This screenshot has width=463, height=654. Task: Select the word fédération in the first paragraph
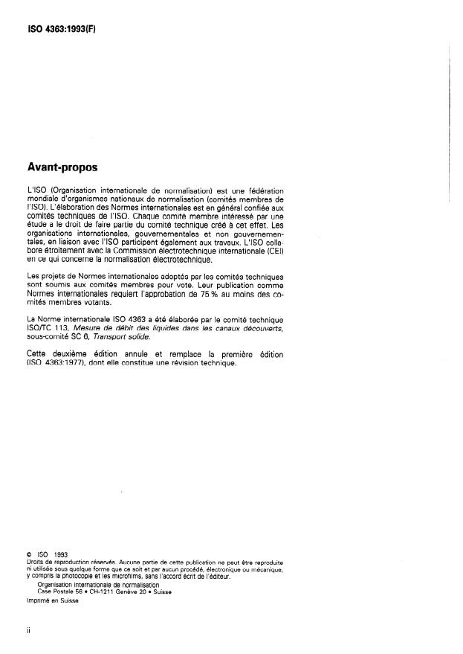coord(264,192)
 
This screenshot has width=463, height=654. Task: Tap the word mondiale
coord(39,200)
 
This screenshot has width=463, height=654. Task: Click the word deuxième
coord(71,353)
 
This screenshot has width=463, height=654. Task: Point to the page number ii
coord(27,630)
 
